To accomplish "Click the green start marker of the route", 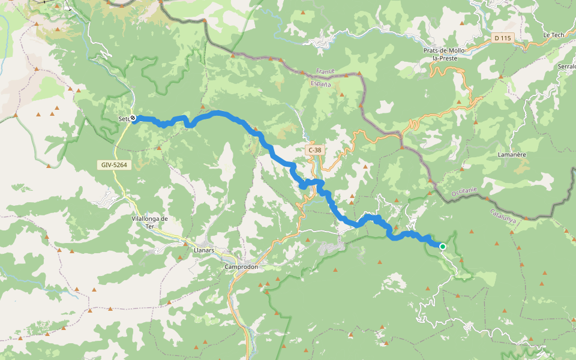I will [443, 246].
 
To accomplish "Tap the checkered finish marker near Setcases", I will [133, 118].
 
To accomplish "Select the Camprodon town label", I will [241, 266].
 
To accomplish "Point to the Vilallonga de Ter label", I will [149, 223].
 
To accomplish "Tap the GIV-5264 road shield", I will [113, 164].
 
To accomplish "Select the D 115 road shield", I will [503, 38].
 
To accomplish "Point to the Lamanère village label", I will [512, 154].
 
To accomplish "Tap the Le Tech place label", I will [553, 35].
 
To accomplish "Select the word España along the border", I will [321, 85].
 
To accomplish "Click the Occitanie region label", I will [464, 193].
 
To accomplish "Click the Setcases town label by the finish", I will [124, 119].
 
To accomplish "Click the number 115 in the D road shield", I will [506, 38].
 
